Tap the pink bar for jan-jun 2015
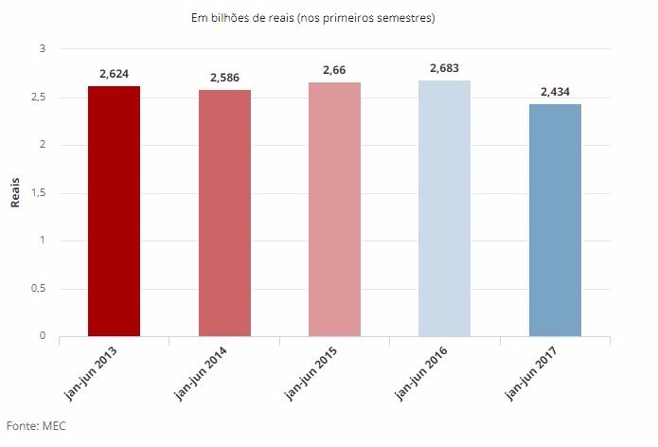point(334,209)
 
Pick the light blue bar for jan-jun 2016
point(444,208)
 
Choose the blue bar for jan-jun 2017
point(555,220)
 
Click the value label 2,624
point(114,74)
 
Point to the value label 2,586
point(224,78)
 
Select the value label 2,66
point(334,70)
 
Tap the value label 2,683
point(444,68)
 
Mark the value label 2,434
point(555,92)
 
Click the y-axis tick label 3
point(42,48)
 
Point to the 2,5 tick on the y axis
point(38,98)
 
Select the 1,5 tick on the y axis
point(38,193)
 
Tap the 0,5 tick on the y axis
point(38,289)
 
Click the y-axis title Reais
point(14,192)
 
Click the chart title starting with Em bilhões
point(326,17)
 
